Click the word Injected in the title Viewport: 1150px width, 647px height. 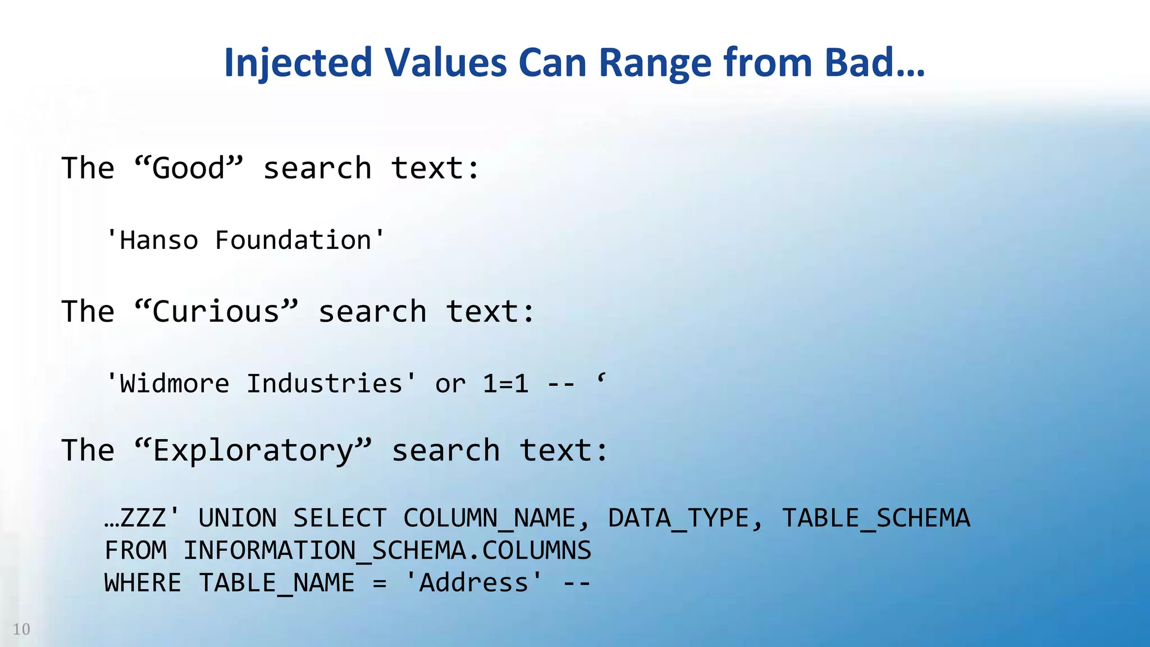coord(298,63)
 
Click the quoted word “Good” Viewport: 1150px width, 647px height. coord(189,168)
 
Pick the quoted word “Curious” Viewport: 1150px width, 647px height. coord(216,312)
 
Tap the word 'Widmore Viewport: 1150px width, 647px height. coord(167,384)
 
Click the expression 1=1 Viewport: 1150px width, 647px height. coord(505,384)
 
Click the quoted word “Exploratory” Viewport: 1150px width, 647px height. coord(253,450)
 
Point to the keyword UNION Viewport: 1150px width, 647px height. coord(238,518)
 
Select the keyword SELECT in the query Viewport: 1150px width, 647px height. coord(340,518)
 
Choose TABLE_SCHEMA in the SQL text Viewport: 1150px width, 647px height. coord(876,518)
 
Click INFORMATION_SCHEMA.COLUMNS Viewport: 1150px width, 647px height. coord(387,550)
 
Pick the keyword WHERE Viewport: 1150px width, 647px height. coord(143,583)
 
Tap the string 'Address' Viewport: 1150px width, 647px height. coord(474,583)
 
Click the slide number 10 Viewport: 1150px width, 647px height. coord(21,629)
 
